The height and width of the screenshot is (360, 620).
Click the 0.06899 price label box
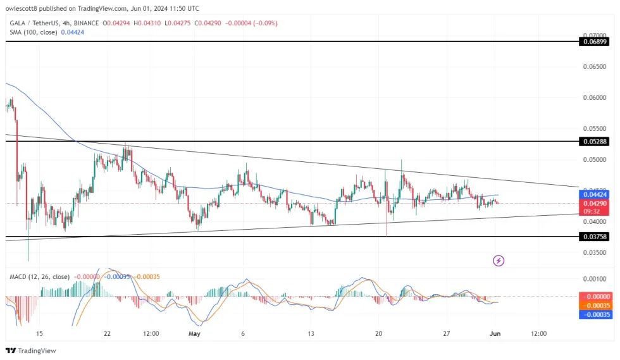[593, 42]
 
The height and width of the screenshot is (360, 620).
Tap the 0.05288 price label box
[593, 142]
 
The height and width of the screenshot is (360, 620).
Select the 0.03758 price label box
[593, 237]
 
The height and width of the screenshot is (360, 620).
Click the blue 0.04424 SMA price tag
[593, 195]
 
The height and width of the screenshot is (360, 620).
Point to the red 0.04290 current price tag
[593, 204]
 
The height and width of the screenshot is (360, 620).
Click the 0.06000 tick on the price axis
[593, 97]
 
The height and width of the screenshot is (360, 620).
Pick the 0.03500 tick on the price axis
[593, 252]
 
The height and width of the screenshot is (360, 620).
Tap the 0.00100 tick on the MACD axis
[593, 278]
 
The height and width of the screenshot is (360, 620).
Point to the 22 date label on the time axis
[107, 333]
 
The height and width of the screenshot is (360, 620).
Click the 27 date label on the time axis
[446, 333]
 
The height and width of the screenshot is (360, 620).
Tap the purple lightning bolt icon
[499, 260]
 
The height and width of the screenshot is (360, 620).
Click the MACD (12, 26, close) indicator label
[39, 276]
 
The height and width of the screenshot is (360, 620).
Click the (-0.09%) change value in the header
[263, 23]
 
